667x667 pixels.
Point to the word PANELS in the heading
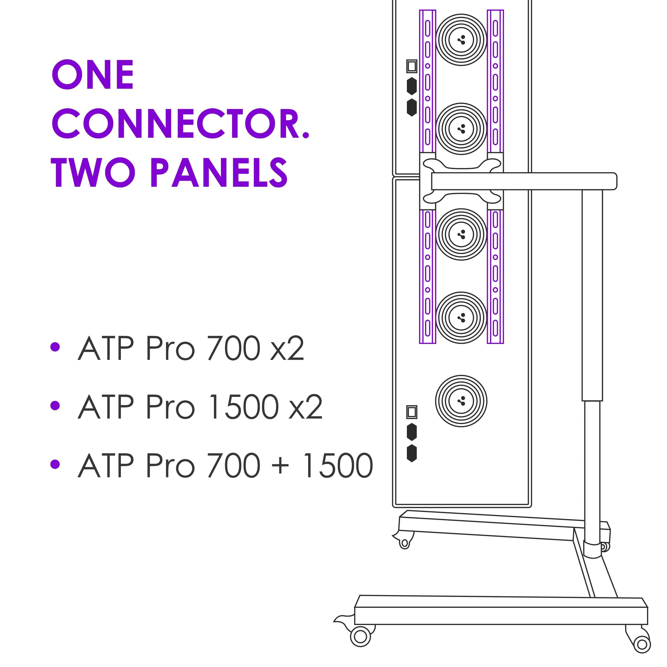219,173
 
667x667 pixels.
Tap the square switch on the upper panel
411,66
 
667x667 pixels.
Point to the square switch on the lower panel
411,412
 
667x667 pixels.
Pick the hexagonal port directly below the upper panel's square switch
411,86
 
